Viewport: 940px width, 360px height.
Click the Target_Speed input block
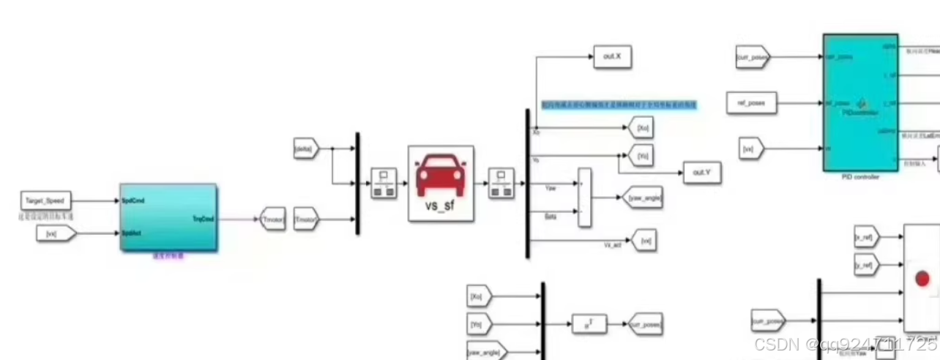45,200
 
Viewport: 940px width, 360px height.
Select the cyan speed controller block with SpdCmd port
168,217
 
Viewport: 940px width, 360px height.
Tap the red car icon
441,175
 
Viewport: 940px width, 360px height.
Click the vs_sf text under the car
441,206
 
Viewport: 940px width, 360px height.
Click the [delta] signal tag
303,148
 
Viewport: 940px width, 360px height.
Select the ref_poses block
747,103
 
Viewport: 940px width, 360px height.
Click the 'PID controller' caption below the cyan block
860,177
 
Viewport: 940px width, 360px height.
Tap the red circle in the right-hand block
922,279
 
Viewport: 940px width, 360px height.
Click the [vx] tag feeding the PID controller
750,149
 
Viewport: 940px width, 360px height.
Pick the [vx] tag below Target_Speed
54,234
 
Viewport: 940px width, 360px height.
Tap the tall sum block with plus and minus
583,197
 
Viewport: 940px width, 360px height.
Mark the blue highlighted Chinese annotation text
619,105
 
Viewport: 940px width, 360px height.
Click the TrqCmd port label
202,218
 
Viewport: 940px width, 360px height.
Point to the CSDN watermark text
845,345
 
